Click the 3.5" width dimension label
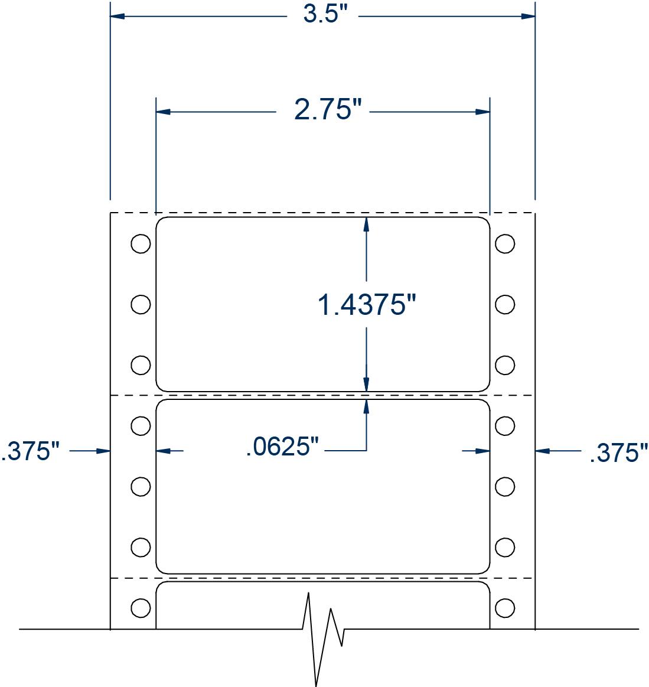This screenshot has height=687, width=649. coord(322,15)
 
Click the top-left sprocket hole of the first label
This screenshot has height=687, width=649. coord(140,243)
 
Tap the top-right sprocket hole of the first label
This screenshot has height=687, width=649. coord(505,243)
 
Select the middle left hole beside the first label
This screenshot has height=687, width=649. coord(140,304)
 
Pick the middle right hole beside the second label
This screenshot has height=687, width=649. coord(505,487)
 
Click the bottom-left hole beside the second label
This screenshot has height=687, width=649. coord(140,547)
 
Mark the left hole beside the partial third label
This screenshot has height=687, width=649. coord(140,607)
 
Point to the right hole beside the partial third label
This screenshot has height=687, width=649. coord(505,607)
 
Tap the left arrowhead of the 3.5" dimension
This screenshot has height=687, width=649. coord(117,17)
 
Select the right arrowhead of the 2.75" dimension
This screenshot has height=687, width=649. coord(483,111)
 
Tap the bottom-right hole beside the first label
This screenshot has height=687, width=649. coord(505,364)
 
